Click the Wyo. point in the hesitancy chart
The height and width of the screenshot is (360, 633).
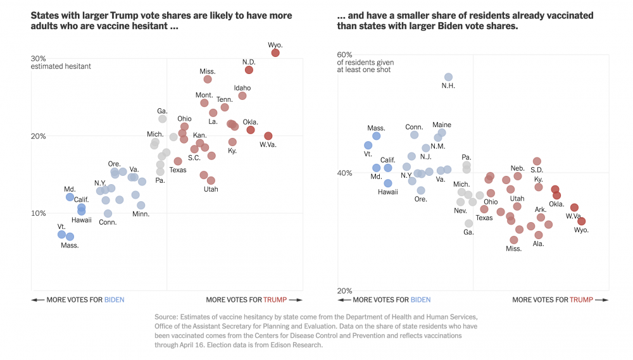pos(275,53)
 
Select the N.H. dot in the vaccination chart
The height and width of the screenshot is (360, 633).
pos(448,77)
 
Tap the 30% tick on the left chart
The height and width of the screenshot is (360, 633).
pos(39,58)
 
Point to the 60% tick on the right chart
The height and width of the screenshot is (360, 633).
pos(344,55)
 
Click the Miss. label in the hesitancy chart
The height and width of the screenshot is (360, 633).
pos(208,71)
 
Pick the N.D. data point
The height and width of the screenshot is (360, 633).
pos(249,70)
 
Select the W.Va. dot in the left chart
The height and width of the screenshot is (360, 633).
pos(268,136)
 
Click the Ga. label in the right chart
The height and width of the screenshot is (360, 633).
pos(468,232)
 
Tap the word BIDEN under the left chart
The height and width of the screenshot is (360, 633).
pos(115,300)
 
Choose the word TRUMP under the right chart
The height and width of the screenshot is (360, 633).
pos(582,300)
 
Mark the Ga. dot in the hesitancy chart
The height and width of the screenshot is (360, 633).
pos(163,119)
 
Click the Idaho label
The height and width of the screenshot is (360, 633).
pos(242,88)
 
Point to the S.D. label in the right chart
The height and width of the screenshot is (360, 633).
pos(537,170)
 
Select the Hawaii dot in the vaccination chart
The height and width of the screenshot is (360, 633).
pos(388,183)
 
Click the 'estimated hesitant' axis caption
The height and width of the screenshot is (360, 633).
pos(61,66)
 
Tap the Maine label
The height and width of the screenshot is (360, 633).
pos(442,125)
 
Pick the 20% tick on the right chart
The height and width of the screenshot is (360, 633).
pos(344,291)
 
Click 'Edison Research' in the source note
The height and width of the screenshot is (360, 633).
pos(301,345)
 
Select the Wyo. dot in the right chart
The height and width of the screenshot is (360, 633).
pos(581,221)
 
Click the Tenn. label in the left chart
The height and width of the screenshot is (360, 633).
pos(225,99)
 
